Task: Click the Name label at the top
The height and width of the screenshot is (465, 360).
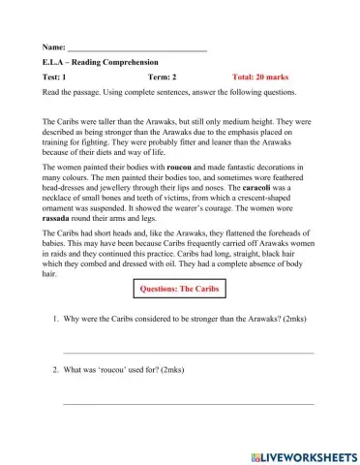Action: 54,46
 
